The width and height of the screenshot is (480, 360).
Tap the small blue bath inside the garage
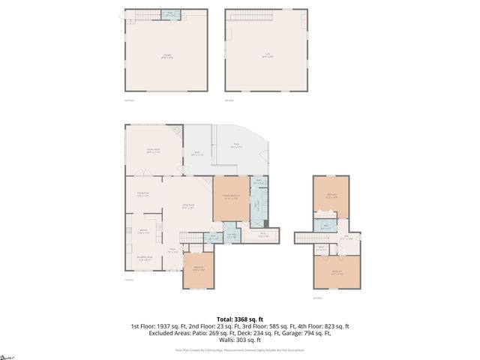click(x=171, y=14)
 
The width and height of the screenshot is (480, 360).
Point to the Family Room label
click(x=154, y=150)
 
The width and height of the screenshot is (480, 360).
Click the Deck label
click(x=196, y=154)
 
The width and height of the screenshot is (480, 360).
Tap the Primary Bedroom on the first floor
click(x=231, y=196)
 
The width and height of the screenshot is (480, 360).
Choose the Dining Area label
click(x=142, y=194)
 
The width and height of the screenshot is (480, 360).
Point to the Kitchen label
click(x=142, y=232)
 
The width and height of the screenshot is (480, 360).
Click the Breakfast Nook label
click(x=145, y=258)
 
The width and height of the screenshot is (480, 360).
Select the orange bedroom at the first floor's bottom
click(x=199, y=269)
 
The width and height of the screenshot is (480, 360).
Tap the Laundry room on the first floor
click(x=232, y=235)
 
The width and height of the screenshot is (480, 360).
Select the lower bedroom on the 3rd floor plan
click(x=337, y=272)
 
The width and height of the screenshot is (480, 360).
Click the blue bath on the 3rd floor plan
click(x=326, y=224)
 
